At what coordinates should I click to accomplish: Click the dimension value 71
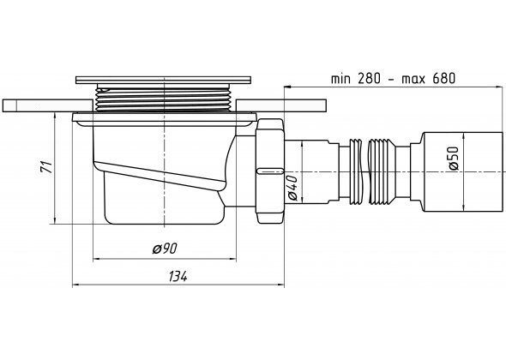tap(48, 167)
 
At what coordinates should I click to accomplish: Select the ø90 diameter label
tap(165, 249)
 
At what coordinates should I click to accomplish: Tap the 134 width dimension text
tap(178, 277)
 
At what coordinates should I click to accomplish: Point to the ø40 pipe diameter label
tap(292, 188)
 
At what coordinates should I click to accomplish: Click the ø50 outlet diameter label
tap(453, 158)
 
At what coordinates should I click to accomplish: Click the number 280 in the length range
tap(369, 78)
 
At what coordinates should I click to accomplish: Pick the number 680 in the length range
tap(443, 78)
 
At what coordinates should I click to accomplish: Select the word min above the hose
tap(340, 79)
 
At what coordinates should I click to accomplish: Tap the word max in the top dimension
tap(413, 80)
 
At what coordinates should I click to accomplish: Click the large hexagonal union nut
tap(270, 171)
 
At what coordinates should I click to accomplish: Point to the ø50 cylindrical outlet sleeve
tap(463, 171)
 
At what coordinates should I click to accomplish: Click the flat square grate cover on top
tap(163, 81)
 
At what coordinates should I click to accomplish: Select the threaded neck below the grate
tap(164, 99)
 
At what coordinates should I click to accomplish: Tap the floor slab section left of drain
tap(48, 105)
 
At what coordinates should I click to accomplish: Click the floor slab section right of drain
tap(281, 105)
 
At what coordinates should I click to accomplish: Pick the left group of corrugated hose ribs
tap(356, 171)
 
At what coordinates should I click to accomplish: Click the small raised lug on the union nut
tap(270, 171)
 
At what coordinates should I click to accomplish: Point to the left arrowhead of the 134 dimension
tap(75, 285)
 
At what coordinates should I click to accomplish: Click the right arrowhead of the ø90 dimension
tap(233, 259)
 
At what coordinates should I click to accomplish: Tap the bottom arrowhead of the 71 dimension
tap(55, 220)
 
